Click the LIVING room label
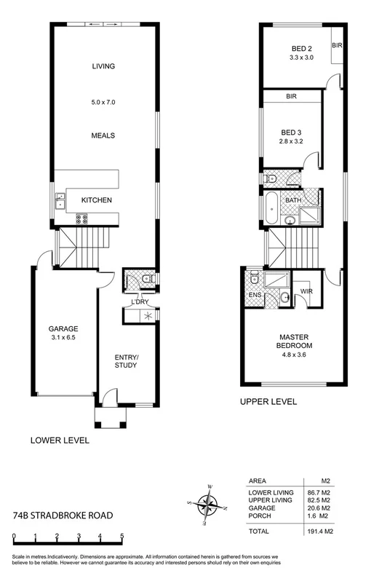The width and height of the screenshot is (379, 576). [105, 66]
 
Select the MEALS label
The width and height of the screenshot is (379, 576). [105, 135]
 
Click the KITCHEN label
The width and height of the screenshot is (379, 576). [95, 200]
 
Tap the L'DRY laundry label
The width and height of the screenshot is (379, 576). [140, 302]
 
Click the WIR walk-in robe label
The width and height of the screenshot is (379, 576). [307, 291]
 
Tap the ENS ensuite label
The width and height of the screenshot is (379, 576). [255, 295]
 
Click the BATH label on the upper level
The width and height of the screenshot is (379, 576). [292, 200]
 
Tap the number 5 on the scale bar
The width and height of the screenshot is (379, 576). [121, 538]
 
